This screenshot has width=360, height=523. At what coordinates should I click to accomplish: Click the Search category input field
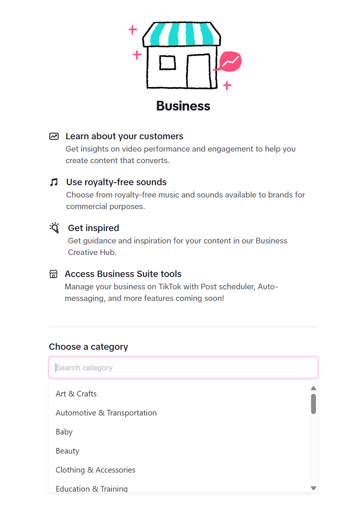click(183, 368)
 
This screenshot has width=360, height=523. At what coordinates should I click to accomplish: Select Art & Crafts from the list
click(76, 394)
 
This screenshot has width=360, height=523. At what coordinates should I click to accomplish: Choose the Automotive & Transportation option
click(106, 413)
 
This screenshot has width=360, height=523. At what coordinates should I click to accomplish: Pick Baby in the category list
click(64, 432)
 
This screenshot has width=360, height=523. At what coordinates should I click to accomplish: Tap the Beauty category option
click(68, 451)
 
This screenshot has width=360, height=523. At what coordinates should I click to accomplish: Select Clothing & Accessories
click(96, 470)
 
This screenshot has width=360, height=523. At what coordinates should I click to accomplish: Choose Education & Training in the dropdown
click(92, 488)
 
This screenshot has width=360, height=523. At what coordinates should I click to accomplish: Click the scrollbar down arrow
click(314, 488)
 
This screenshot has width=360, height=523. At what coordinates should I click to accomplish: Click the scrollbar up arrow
click(314, 389)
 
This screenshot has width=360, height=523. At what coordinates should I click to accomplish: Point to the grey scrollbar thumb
click(314, 404)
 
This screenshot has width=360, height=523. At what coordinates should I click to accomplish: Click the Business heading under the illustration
click(183, 106)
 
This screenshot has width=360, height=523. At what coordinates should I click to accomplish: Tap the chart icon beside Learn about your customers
click(54, 136)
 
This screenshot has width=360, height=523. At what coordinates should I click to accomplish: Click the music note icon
click(54, 182)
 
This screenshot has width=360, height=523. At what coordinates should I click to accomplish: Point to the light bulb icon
click(55, 228)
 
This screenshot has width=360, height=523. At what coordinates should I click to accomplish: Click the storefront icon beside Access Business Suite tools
click(54, 274)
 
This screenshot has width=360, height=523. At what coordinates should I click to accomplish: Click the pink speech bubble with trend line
click(230, 61)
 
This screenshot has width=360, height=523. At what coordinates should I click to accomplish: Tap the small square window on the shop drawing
click(168, 63)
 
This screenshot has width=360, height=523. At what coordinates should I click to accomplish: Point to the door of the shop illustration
click(199, 71)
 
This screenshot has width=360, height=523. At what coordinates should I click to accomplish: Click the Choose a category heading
click(89, 347)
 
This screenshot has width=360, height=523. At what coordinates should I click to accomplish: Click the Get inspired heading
click(94, 228)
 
